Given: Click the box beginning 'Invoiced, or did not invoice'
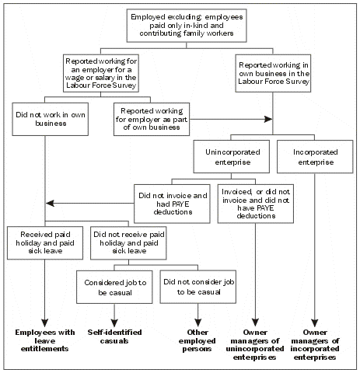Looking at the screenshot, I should (x=255, y=204).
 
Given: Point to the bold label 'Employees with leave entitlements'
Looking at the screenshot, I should (x=46, y=339).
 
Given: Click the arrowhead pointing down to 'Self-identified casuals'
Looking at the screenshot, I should (x=115, y=322).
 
